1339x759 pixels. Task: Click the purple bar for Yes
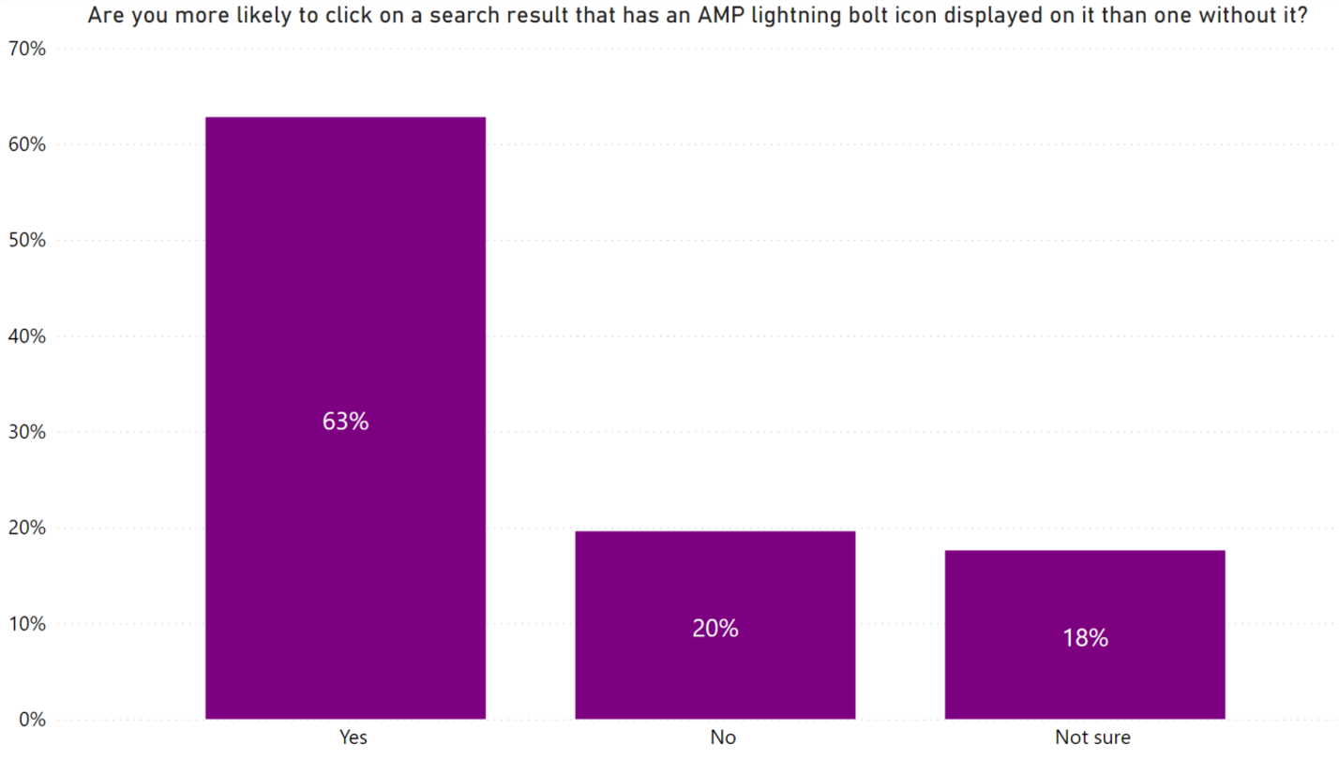[x=345, y=281]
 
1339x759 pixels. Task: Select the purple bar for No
[x=715, y=581]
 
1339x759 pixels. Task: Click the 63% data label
[x=345, y=422]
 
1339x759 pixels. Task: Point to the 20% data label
[x=715, y=629]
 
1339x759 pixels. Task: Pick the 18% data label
[x=1085, y=638]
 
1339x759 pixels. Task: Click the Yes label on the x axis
[x=354, y=737]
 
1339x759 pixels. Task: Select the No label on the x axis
[x=723, y=737]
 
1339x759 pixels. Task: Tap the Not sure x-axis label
[x=1092, y=737]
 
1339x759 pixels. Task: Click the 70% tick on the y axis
[x=26, y=49]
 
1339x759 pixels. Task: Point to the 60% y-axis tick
[x=26, y=145]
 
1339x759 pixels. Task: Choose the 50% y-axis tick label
[x=26, y=241]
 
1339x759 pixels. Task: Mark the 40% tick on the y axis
[x=26, y=336]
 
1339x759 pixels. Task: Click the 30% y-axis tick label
[x=26, y=433]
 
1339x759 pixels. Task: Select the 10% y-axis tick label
[x=26, y=624]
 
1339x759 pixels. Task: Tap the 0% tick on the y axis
[x=31, y=720]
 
